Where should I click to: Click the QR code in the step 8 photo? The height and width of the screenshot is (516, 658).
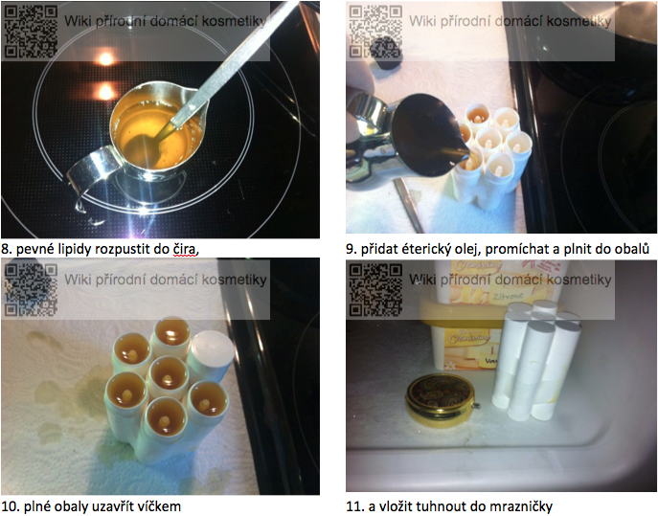(x=31, y=31)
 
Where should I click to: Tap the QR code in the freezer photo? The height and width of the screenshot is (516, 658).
(x=375, y=289)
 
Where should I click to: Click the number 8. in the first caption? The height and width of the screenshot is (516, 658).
(x=7, y=249)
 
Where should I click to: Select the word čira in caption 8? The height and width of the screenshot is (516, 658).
(x=185, y=249)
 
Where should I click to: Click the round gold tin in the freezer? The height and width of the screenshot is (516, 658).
(x=441, y=400)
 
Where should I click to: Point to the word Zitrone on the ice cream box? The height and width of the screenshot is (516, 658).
(x=508, y=297)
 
